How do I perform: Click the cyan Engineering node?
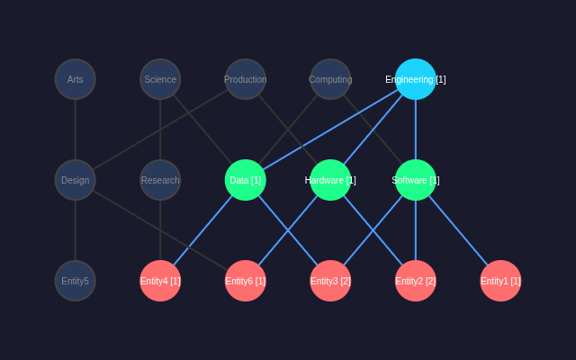(x=416, y=79)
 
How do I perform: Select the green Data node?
(x=246, y=180)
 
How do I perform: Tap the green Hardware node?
(x=330, y=180)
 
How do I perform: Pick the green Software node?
(x=416, y=180)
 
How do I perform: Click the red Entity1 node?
(x=500, y=281)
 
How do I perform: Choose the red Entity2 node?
(x=416, y=281)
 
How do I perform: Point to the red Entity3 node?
(x=330, y=281)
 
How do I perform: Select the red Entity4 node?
(x=160, y=281)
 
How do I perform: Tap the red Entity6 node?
(x=246, y=281)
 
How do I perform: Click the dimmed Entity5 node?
(x=76, y=281)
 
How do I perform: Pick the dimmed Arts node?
(x=76, y=79)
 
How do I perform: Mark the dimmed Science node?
(x=160, y=79)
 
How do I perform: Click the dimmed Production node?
(x=246, y=79)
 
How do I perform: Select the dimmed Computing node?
(x=330, y=79)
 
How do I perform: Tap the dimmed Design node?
(x=76, y=180)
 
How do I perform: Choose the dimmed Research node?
(x=160, y=180)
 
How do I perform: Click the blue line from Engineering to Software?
(x=416, y=130)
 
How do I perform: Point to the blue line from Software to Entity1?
(x=458, y=230)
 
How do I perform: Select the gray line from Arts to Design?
(x=76, y=130)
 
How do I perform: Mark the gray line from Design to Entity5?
(x=76, y=230)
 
